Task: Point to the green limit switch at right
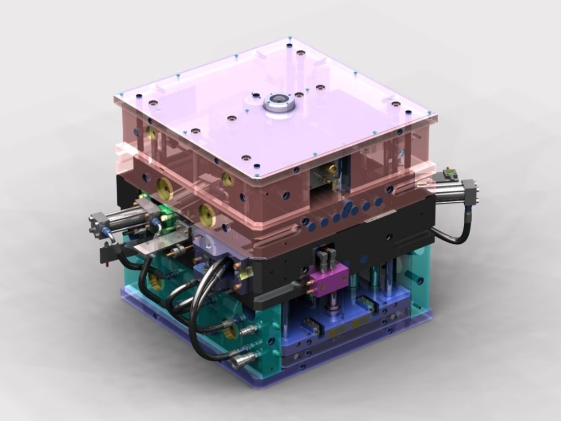coord(450,175)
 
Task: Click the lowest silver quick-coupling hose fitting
coord(241,360)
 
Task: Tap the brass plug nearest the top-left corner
coord(151,133)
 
